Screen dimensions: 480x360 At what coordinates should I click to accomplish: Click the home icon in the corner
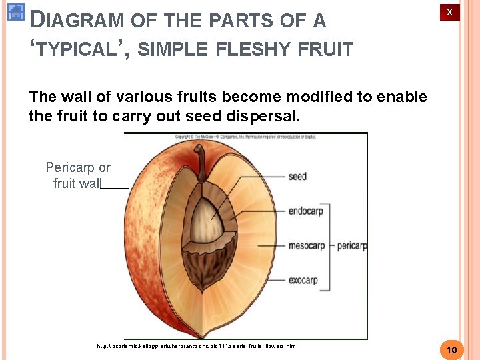pos(15,11)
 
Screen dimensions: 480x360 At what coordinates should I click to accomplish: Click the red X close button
pos(449,12)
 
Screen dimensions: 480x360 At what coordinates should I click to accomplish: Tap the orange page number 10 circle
pos(451,350)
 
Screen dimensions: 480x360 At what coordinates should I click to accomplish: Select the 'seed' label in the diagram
pos(297,177)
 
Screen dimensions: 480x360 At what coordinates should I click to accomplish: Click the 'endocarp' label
pos(305,211)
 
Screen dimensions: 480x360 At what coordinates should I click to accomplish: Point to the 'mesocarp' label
pos(306,246)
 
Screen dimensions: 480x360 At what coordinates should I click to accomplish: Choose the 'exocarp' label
pos(303,281)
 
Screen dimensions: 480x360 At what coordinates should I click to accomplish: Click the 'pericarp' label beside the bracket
pos(352,246)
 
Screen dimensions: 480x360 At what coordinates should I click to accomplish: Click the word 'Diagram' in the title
pos(77,21)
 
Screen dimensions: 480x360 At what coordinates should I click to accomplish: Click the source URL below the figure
pos(196,346)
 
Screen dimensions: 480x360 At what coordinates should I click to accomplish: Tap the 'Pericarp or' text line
pos(78,167)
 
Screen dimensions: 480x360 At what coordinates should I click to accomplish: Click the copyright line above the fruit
pos(245,137)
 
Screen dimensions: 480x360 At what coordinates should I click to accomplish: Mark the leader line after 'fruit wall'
pos(115,189)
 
